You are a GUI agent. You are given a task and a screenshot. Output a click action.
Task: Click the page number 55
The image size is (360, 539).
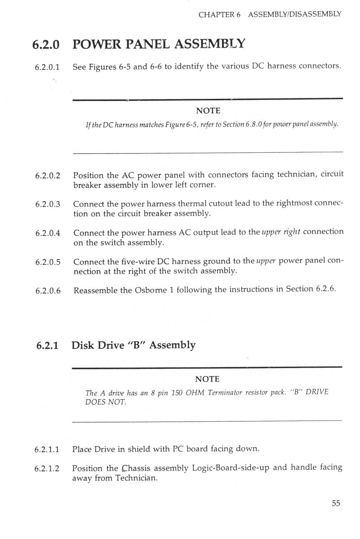pyautogui.click(x=336, y=503)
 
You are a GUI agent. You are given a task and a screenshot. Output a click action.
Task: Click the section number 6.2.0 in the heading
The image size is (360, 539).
pyautogui.click(x=46, y=45)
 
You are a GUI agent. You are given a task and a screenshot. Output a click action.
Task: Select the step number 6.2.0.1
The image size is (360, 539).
pyautogui.click(x=47, y=67)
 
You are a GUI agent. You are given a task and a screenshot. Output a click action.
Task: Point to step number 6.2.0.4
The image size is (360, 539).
pyautogui.click(x=48, y=233)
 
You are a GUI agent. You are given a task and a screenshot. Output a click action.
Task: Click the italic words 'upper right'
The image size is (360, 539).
pyautogui.click(x=281, y=232)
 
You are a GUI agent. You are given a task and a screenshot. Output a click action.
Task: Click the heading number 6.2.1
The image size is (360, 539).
pyautogui.click(x=47, y=345)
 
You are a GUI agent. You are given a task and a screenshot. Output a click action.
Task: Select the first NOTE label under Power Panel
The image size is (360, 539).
pyautogui.click(x=208, y=111)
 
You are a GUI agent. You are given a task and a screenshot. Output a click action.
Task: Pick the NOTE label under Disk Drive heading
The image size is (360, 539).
pyautogui.click(x=207, y=379)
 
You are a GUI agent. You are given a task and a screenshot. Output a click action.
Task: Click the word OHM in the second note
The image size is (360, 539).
pyautogui.click(x=195, y=393)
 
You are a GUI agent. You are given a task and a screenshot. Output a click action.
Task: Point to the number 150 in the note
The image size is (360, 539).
pyautogui.click(x=177, y=393)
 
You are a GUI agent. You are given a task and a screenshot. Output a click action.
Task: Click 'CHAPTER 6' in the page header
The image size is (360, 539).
pyautogui.click(x=219, y=15)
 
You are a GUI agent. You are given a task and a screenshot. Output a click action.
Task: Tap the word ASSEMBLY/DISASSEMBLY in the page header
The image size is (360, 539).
pyautogui.click(x=295, y=14)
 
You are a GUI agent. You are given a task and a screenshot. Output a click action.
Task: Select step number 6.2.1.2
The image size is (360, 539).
pyautogui.click(x=47, y=469)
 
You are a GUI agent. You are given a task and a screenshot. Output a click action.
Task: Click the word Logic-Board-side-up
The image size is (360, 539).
pyautogui.click(x=230, y=468)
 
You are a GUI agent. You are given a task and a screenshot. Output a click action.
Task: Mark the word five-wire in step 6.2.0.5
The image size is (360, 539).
pyautogui.click(x=139, y=261)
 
